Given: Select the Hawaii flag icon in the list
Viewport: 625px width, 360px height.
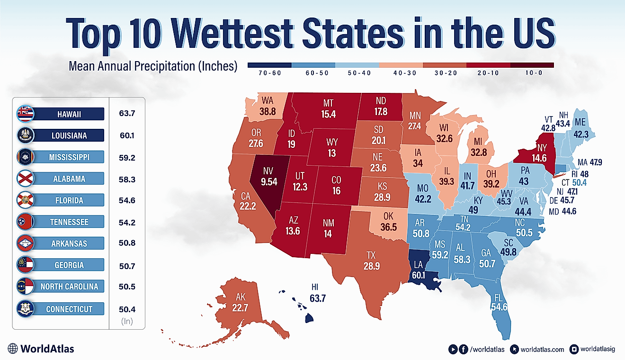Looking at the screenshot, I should click(x=24, y=114).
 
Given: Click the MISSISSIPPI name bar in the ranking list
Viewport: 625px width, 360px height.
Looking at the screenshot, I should click(x=69, y=157).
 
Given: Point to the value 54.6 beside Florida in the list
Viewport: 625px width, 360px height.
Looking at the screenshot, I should click(x=127, y=200).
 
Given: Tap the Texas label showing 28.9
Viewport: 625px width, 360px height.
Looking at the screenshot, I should click(x=371, y=261).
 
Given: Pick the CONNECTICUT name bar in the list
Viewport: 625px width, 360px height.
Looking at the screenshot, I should click(x=69, y=309).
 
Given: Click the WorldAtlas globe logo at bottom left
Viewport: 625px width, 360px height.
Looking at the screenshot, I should click(x=13, y=349).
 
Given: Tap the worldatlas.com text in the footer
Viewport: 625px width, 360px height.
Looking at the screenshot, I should click(x=542, y=349).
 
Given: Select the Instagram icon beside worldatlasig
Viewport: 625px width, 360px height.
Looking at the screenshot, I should click(x=575, y=349).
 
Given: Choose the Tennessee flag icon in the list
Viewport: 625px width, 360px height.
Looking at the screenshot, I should click(x=24, y=222).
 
